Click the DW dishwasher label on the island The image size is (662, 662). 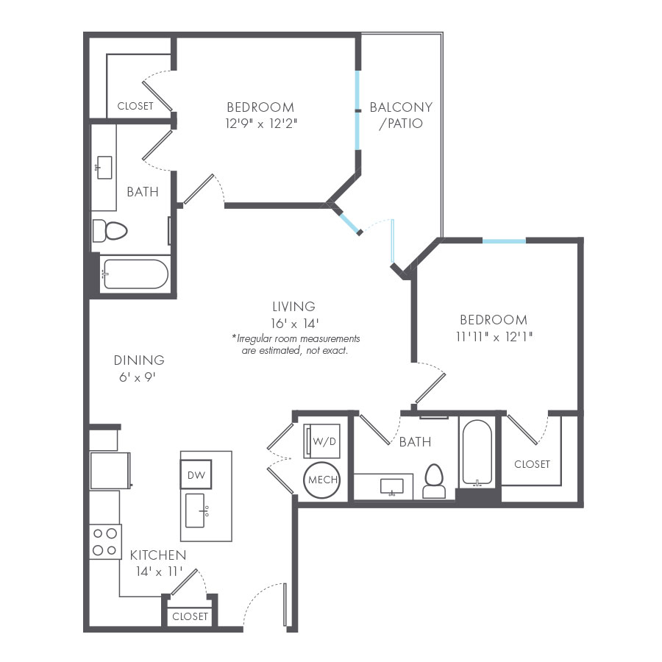pos(196,475)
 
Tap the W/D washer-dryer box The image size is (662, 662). pos(321,441)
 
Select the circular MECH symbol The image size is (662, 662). pos(321,480)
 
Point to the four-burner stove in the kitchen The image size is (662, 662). pos(104,542)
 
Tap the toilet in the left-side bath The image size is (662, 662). pos(110,231)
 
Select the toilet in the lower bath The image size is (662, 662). pos(434,482)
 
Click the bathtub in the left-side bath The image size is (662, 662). pos(135,274)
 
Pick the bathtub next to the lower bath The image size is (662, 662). pos(478,452)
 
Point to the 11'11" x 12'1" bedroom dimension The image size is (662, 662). pos(494,336)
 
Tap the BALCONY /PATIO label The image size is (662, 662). pos(401,115)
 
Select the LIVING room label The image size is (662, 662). pos(293,307)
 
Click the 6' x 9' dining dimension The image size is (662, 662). pos(139,377)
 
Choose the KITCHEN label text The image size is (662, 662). pos(158,555)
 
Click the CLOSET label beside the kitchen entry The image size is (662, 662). pos(190,616)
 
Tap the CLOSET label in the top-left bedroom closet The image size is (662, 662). pos(135,106)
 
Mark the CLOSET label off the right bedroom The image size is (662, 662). pos(532,464)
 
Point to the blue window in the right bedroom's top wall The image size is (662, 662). pos(504,241)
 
